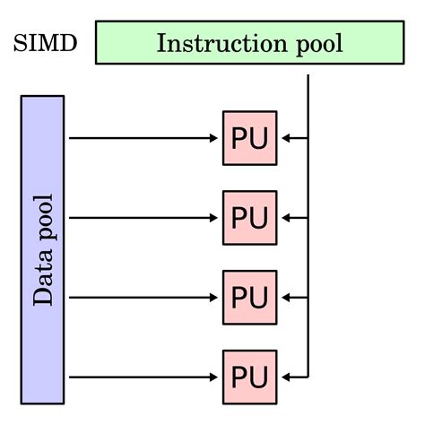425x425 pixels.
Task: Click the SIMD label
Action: pos(44,43)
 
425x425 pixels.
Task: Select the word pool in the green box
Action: pos(314,43)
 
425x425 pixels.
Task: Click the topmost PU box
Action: pos(249,138)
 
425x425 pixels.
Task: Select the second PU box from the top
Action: pos(249,218)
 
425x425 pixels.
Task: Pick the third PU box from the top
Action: pos(249,297)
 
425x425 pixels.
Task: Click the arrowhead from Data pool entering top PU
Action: pos(215,138)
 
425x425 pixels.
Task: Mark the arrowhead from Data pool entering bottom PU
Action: pos(215,377)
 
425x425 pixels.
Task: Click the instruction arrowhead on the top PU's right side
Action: pos(285,138)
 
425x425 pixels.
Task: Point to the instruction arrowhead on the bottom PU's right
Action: pos(285,377)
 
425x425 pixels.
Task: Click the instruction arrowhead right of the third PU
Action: pos(285,297)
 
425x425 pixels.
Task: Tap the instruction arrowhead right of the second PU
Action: pos(285,218)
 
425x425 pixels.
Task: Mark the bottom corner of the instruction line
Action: pos(308,377)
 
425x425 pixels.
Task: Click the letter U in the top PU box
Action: pos(261,138)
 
